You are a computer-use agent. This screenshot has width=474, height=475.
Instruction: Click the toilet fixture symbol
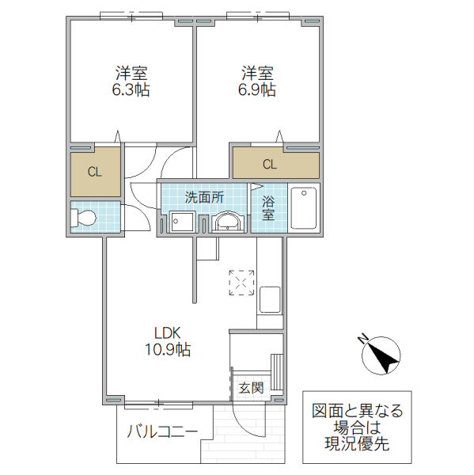[84, 218]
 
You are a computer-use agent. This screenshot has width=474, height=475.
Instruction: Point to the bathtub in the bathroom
[303, 207]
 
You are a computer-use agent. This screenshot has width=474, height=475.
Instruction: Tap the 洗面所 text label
[204, 197]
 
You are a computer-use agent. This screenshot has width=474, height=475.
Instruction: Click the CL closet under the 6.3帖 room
[93, 171]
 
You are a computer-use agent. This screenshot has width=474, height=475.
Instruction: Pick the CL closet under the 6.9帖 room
[270, 165]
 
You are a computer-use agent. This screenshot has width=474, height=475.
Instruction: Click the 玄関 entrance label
[251, 388]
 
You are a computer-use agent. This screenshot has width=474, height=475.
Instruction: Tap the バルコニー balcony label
[163, 432]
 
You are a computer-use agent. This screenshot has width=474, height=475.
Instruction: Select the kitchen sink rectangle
[269, 301]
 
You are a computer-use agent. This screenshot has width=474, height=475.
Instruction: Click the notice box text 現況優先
[357, 445]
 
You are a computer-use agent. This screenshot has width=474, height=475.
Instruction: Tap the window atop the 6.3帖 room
[131, 14]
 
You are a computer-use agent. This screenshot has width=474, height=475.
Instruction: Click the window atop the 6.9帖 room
[258, 14]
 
